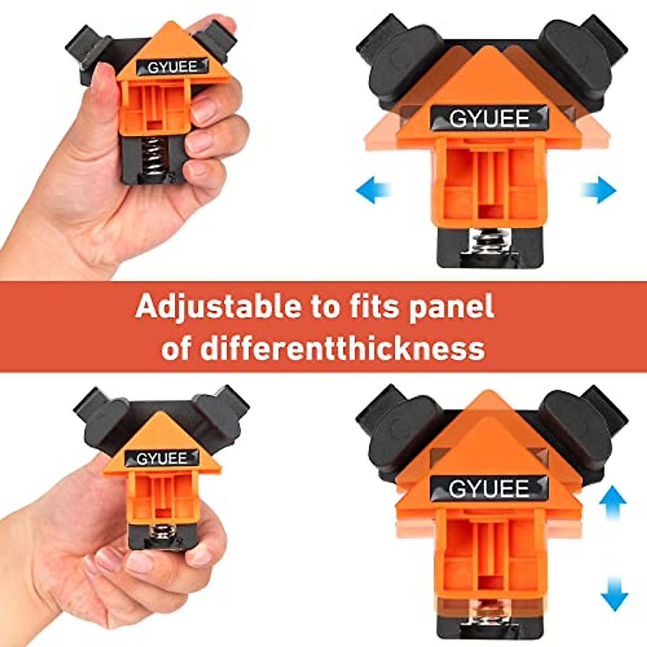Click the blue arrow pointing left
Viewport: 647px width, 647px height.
tap(373, 191)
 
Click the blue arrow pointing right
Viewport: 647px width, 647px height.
tap(598, 190)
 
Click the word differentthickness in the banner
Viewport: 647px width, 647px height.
tap(342, 348)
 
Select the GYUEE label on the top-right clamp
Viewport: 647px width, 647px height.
tap(489, 118)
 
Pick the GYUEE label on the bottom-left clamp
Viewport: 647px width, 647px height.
tap(161, 458)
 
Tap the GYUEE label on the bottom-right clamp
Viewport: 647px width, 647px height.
tap(489, 488)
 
